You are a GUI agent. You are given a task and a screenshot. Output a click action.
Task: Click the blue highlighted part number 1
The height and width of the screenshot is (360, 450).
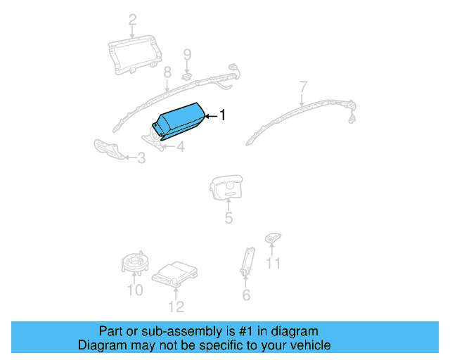point(180,122)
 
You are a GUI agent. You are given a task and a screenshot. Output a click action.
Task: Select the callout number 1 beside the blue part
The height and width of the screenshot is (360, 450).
point(223,115)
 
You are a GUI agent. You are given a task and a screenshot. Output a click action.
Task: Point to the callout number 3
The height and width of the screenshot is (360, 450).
point(141,159)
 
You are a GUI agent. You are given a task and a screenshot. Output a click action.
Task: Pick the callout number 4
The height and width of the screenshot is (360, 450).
point(181,147)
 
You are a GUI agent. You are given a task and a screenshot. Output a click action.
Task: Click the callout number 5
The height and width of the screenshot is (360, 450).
point(229,218)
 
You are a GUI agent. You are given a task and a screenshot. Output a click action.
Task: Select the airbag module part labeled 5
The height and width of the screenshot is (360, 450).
point(226,188)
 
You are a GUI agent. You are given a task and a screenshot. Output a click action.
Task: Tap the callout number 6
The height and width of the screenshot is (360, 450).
point(246,295)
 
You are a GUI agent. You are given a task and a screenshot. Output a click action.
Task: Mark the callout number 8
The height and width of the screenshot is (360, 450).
point(167,72)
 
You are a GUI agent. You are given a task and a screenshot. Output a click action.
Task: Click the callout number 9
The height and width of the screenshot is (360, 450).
point(188,54)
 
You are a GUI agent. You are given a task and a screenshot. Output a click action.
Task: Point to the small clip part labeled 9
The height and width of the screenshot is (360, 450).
point(188,75)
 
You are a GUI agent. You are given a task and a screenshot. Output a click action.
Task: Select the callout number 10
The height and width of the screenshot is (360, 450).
point(134,290)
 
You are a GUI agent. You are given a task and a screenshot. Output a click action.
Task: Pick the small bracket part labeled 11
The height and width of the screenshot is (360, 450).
point(271,239)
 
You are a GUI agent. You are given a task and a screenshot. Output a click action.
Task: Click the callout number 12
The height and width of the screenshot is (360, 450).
point(176,306)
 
